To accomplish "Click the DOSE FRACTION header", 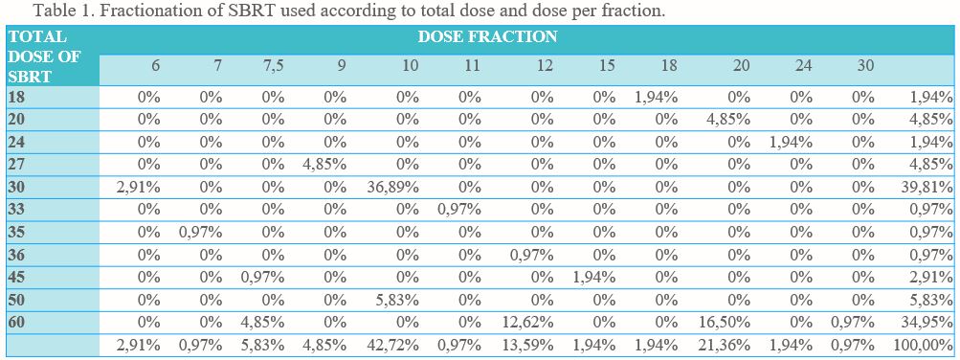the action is coord(487,36).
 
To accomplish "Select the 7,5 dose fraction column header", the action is coord(273,65).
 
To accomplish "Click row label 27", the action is coord(16,165).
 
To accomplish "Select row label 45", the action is coord(16,277).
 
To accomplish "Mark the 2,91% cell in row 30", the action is coord(139,188).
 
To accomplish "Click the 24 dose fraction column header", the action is coord(803,65).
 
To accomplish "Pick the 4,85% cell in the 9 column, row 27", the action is coord(324,165).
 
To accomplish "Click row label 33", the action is coord(16,210).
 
